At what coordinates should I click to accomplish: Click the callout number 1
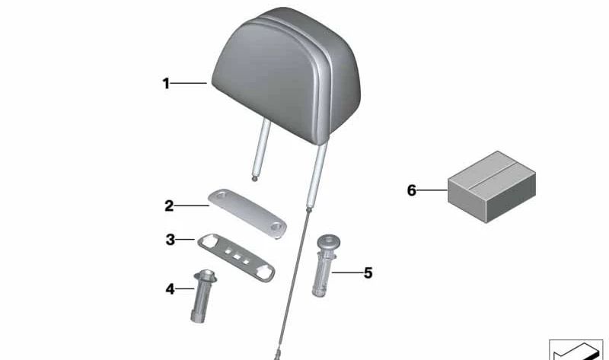166,84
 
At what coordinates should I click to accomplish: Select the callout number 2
169,205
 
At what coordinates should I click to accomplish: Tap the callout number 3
171,241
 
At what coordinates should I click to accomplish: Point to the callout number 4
170,288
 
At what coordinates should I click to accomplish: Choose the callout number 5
368,272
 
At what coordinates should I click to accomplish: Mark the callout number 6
412,190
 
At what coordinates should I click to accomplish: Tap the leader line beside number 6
434,190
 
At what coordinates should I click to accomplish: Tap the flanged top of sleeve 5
326,243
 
